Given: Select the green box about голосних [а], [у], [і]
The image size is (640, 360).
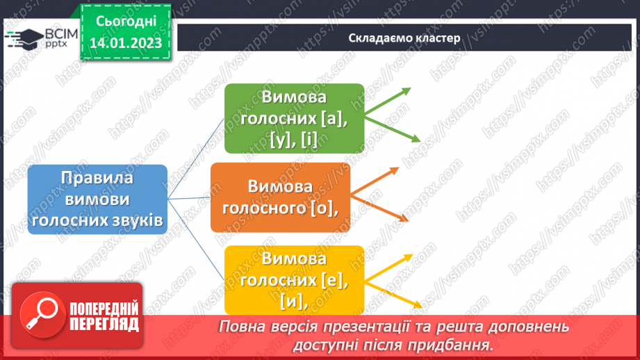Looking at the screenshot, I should coord(294,119).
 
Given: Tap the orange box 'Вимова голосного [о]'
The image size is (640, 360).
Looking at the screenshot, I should coord(280,197).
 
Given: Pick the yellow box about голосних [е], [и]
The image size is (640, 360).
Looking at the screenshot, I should coord(294,279).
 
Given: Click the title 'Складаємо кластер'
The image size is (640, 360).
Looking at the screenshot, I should coord(404,38).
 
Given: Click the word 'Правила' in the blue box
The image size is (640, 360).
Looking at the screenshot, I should coord(97,177).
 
